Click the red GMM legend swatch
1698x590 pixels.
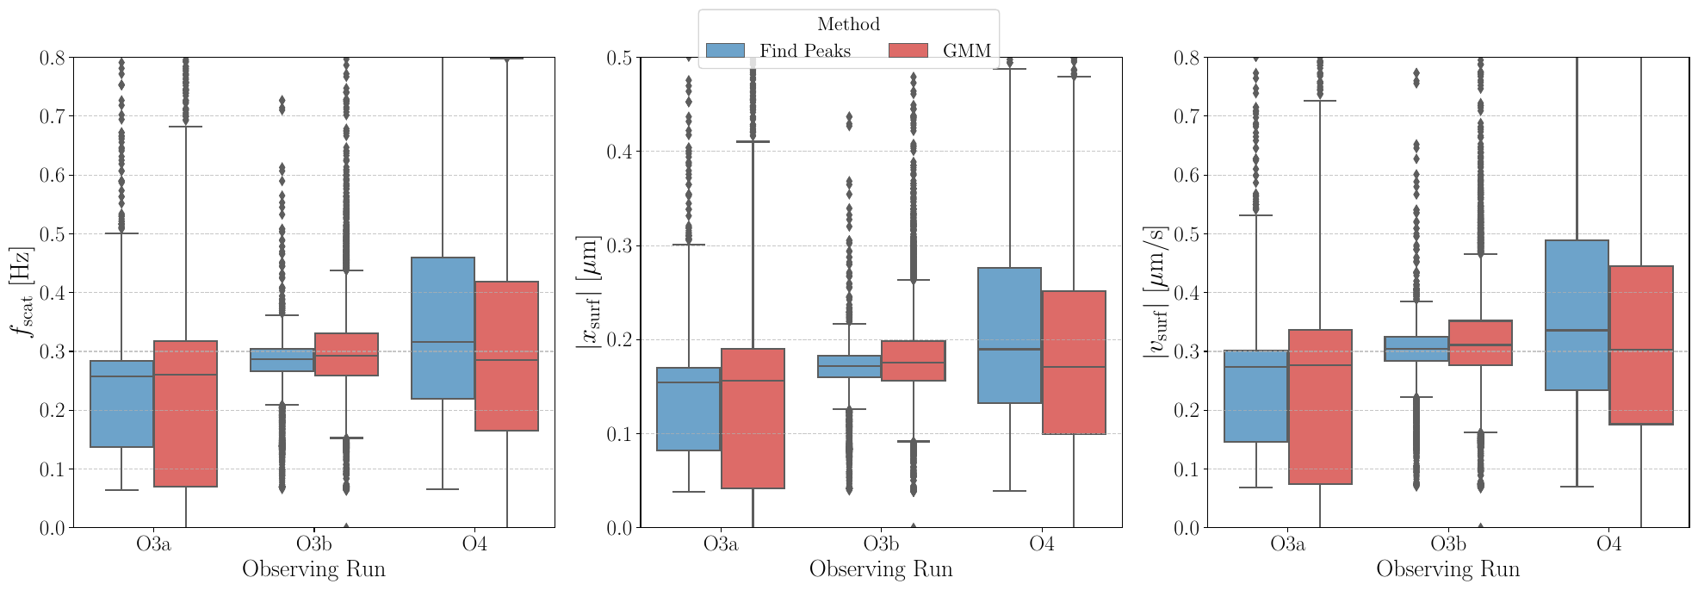tap(908, 51)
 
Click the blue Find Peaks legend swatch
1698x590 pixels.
tap(725, 51)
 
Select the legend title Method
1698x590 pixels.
tap(848, 25)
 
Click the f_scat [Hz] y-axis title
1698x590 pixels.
tap(22, 292)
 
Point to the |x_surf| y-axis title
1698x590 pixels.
tap(589, 292)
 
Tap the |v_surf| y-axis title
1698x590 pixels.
tap(1156, 292)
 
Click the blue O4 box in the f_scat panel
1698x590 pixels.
tap(443, 328)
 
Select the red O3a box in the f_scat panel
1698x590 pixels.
tap(185, 414)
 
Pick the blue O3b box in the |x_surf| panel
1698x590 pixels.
tap(849, 367)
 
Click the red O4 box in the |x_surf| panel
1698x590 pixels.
tap(1074, 363)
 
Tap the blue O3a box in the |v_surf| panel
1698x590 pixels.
tap(1255, 396)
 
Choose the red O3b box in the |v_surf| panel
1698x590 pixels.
tap(1480, 343)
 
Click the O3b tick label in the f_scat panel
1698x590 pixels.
tap(313, 544)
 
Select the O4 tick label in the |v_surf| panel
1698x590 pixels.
tap(1608, 544)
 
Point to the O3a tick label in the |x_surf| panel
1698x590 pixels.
tap(720, 544)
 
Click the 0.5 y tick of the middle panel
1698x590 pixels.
tap(620, 58)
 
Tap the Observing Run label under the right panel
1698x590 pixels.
tap(1447, 569)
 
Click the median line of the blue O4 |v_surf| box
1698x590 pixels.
tap(1577, 330)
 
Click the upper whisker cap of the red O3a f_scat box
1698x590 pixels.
tap(185, 127)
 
